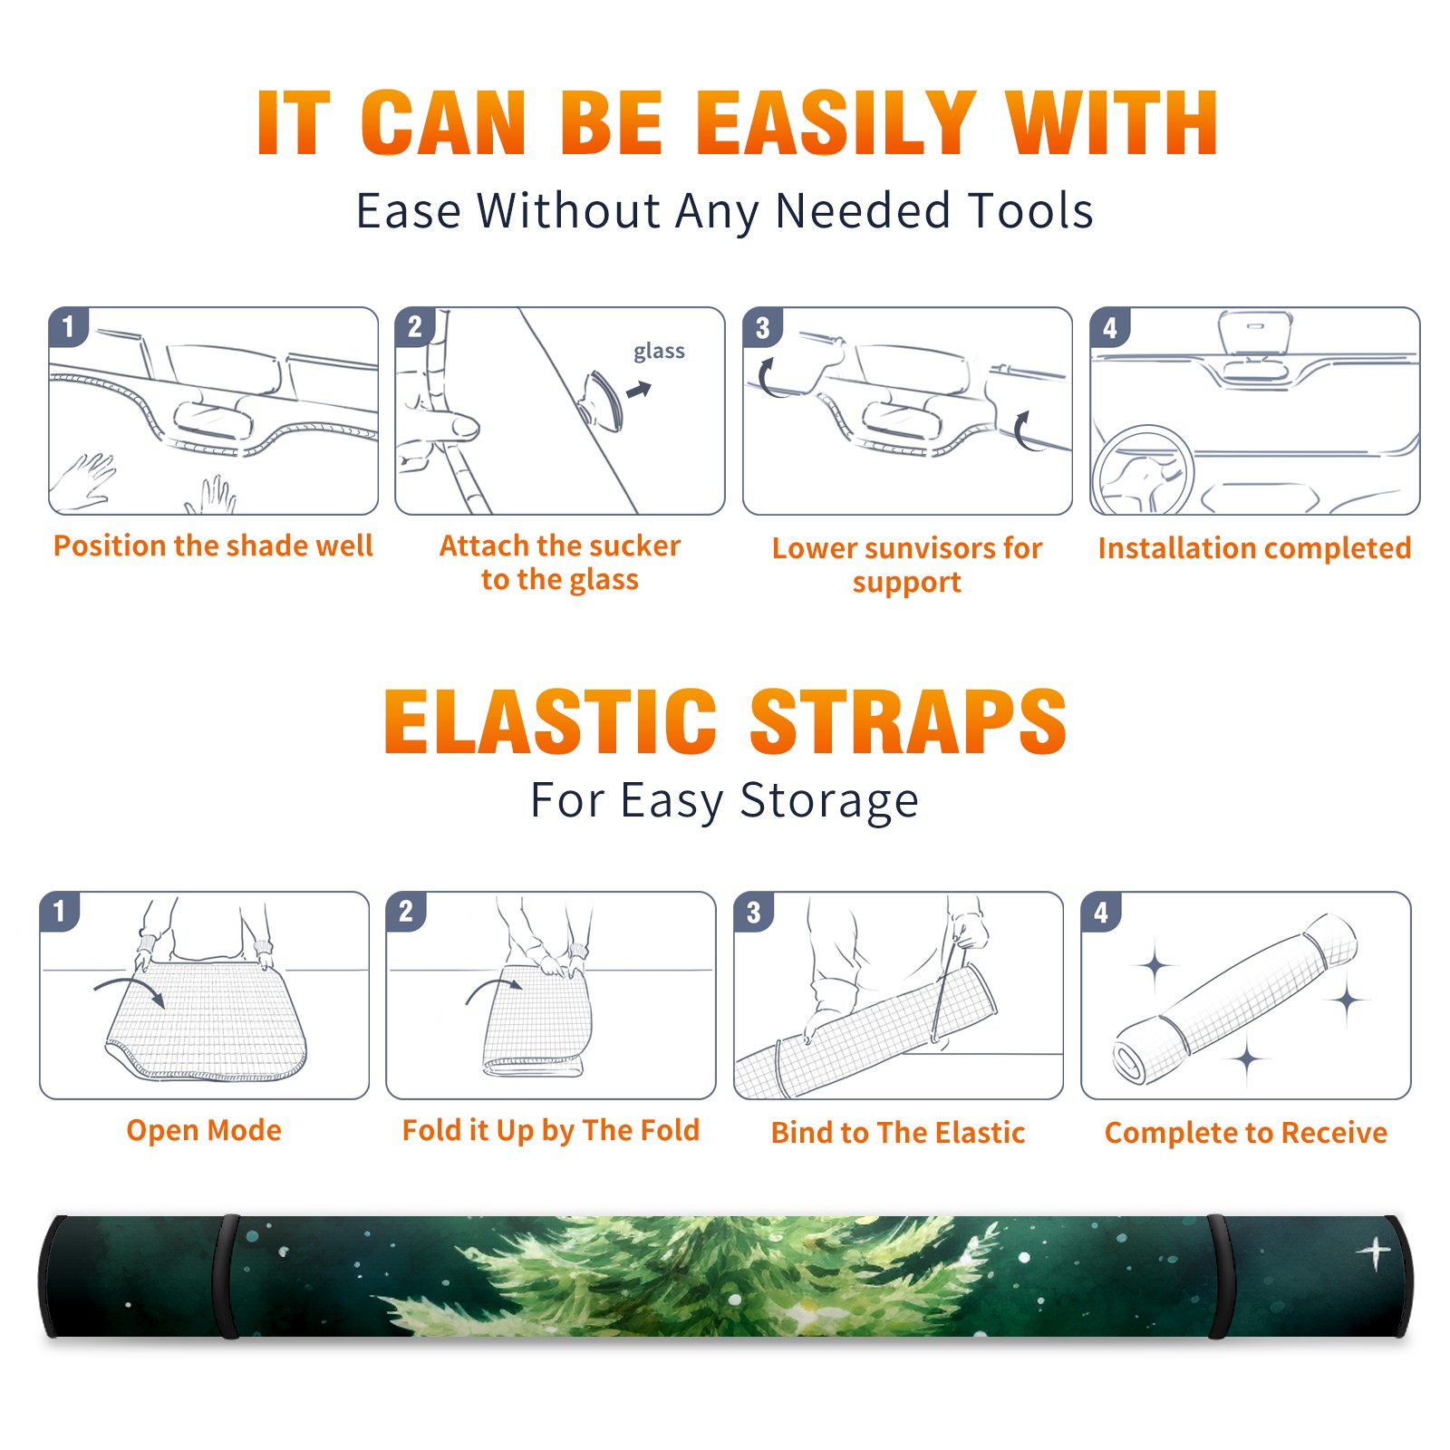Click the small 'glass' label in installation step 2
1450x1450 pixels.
659,351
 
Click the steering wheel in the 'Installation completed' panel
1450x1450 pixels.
1143,470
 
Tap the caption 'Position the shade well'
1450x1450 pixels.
213,546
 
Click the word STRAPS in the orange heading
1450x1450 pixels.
908,721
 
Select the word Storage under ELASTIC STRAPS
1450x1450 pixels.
829,802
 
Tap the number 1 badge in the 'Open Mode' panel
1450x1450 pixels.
60,912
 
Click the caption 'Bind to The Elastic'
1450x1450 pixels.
898,1133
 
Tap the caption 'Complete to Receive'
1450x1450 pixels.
1246,1133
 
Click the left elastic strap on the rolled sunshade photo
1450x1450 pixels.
226,1277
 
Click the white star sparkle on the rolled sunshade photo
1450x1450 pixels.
1374,1253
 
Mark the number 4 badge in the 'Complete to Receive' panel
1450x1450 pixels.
1100,912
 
